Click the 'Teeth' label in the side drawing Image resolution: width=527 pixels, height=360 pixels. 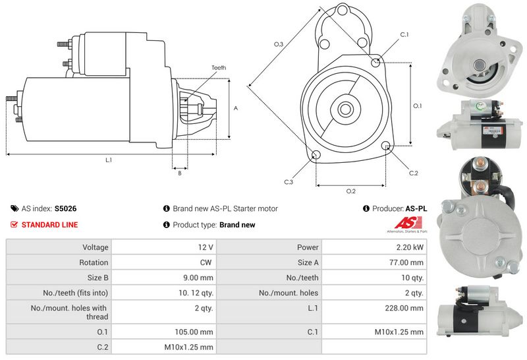pyautogui.click(x=219, y=68)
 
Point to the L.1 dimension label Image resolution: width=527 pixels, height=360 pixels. pyautogui.click(x=109, y=160)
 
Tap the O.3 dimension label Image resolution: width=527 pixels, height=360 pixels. pyautogui.click(x=279, y=44)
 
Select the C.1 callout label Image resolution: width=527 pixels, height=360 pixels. pyautogui.click(x=404, y=34)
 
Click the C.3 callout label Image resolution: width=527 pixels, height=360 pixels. pyautogui.click(x=289, y=182)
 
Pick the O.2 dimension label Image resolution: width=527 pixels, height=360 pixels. pyautogui.click(x=351, y=191)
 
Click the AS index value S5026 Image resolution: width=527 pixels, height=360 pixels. pyautogui.click(x=65, y=208)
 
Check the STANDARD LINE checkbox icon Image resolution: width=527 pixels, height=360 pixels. pyautogui.click(x=14, y=225)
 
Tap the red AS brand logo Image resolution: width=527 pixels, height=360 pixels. pyautogui.click(x=409, y=222)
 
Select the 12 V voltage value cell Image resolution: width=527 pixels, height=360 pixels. pyautogui.click(x=206, y=247)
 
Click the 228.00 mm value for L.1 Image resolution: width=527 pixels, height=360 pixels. pyautogui.click(x=405, y=308)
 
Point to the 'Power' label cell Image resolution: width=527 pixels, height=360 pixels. pyautogui.click(x=308, y=247)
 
